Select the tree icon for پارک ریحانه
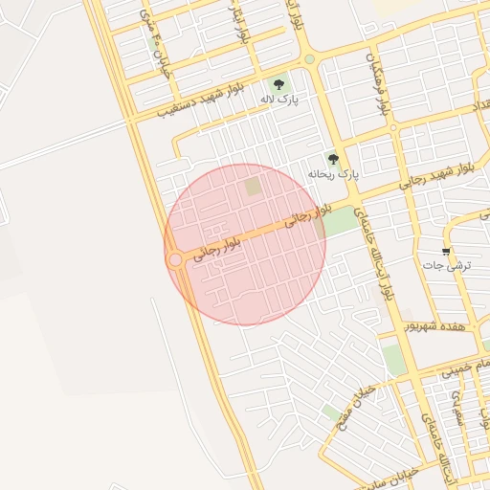[333, 160]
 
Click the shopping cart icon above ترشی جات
[446, 251]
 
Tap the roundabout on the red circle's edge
[175, 259]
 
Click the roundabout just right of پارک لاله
[309, 60]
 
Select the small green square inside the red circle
[253, 186]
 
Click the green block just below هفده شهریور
[392, 359]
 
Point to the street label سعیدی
[458, 407]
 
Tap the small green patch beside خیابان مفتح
[331, 412]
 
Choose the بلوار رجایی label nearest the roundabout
[218, 246]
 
